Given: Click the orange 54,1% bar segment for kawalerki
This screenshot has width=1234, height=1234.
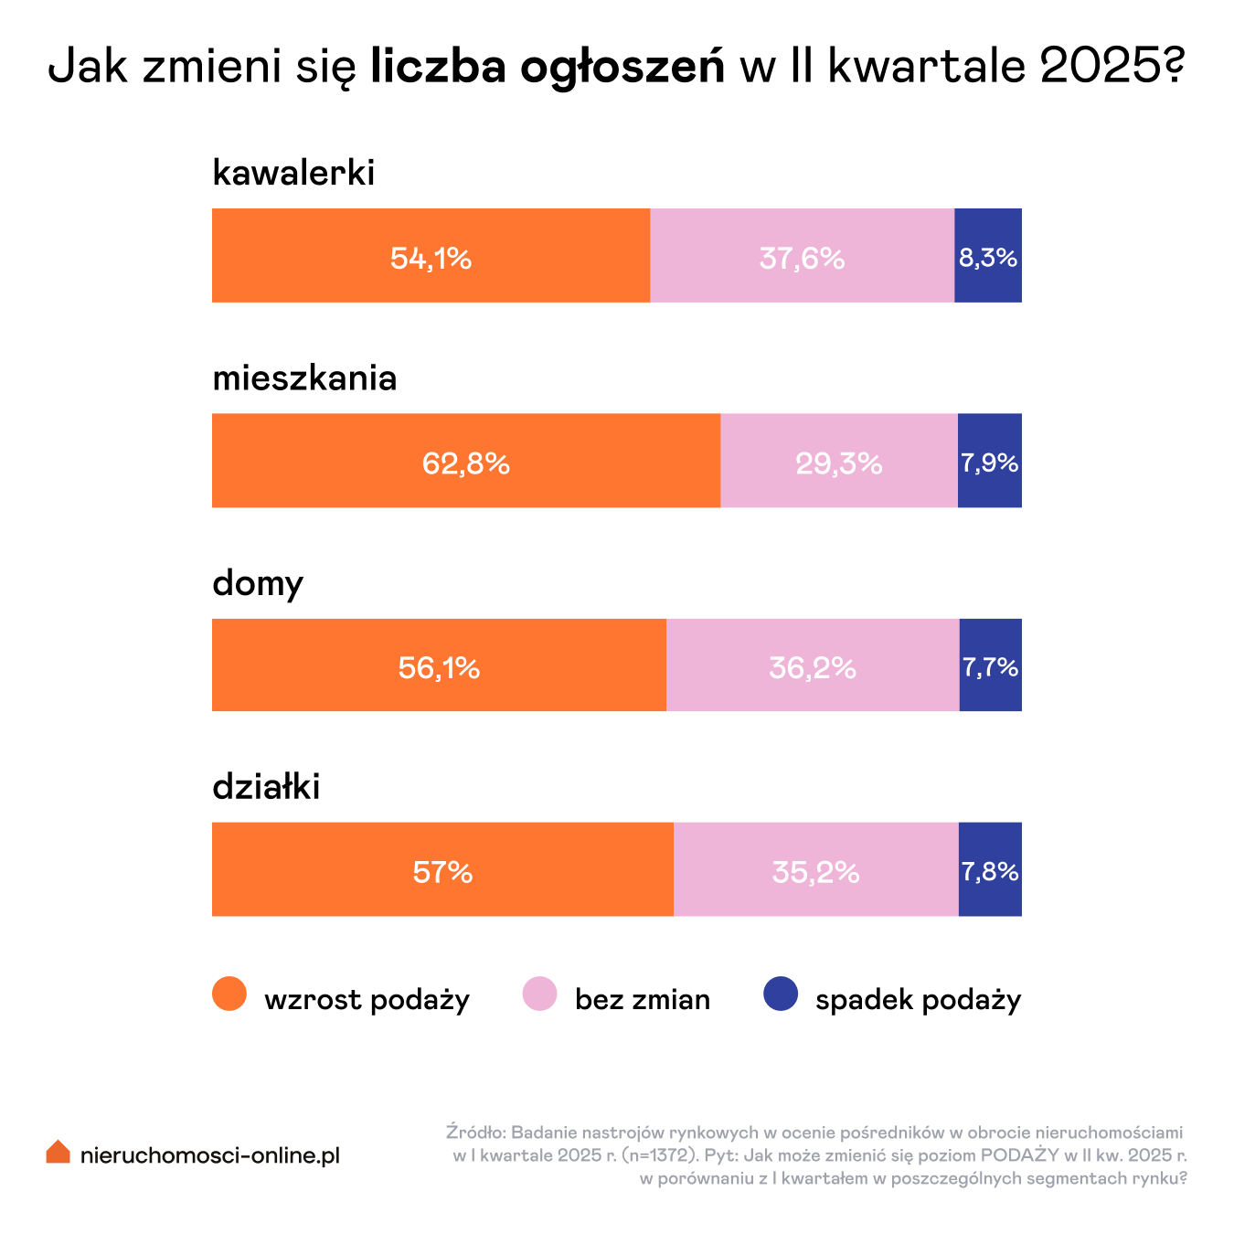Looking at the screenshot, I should point(431,256).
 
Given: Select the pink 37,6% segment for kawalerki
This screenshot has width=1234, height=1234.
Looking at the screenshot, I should point(802,256).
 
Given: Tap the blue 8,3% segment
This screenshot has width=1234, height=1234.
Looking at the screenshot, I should point(988,256).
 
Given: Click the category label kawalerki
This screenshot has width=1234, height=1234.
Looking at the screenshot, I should point(293,173).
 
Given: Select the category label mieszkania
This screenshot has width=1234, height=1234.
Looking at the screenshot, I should point(304,378).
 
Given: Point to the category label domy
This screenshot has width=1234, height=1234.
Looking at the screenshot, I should point(258,583).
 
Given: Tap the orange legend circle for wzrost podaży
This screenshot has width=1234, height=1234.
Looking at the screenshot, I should point(229,994).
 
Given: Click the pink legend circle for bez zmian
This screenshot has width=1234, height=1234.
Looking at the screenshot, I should point(539,994).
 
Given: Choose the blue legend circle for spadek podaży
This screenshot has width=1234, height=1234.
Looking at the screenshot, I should point(781,994).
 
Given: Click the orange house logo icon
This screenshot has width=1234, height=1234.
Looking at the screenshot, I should point(59,1152).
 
